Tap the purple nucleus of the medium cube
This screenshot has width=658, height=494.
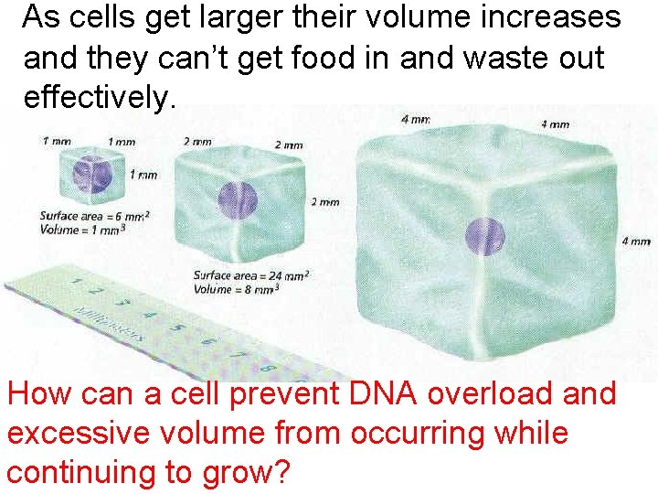point(238,200)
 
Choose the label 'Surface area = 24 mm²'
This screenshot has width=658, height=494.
point(251,275)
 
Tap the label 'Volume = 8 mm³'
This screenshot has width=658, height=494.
point(237,289)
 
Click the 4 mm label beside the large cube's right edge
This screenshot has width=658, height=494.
point(636,242)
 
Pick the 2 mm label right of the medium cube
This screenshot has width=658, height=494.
point(324,202)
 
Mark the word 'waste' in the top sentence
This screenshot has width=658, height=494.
point(474,58)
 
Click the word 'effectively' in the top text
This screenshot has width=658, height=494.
point(95,98)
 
